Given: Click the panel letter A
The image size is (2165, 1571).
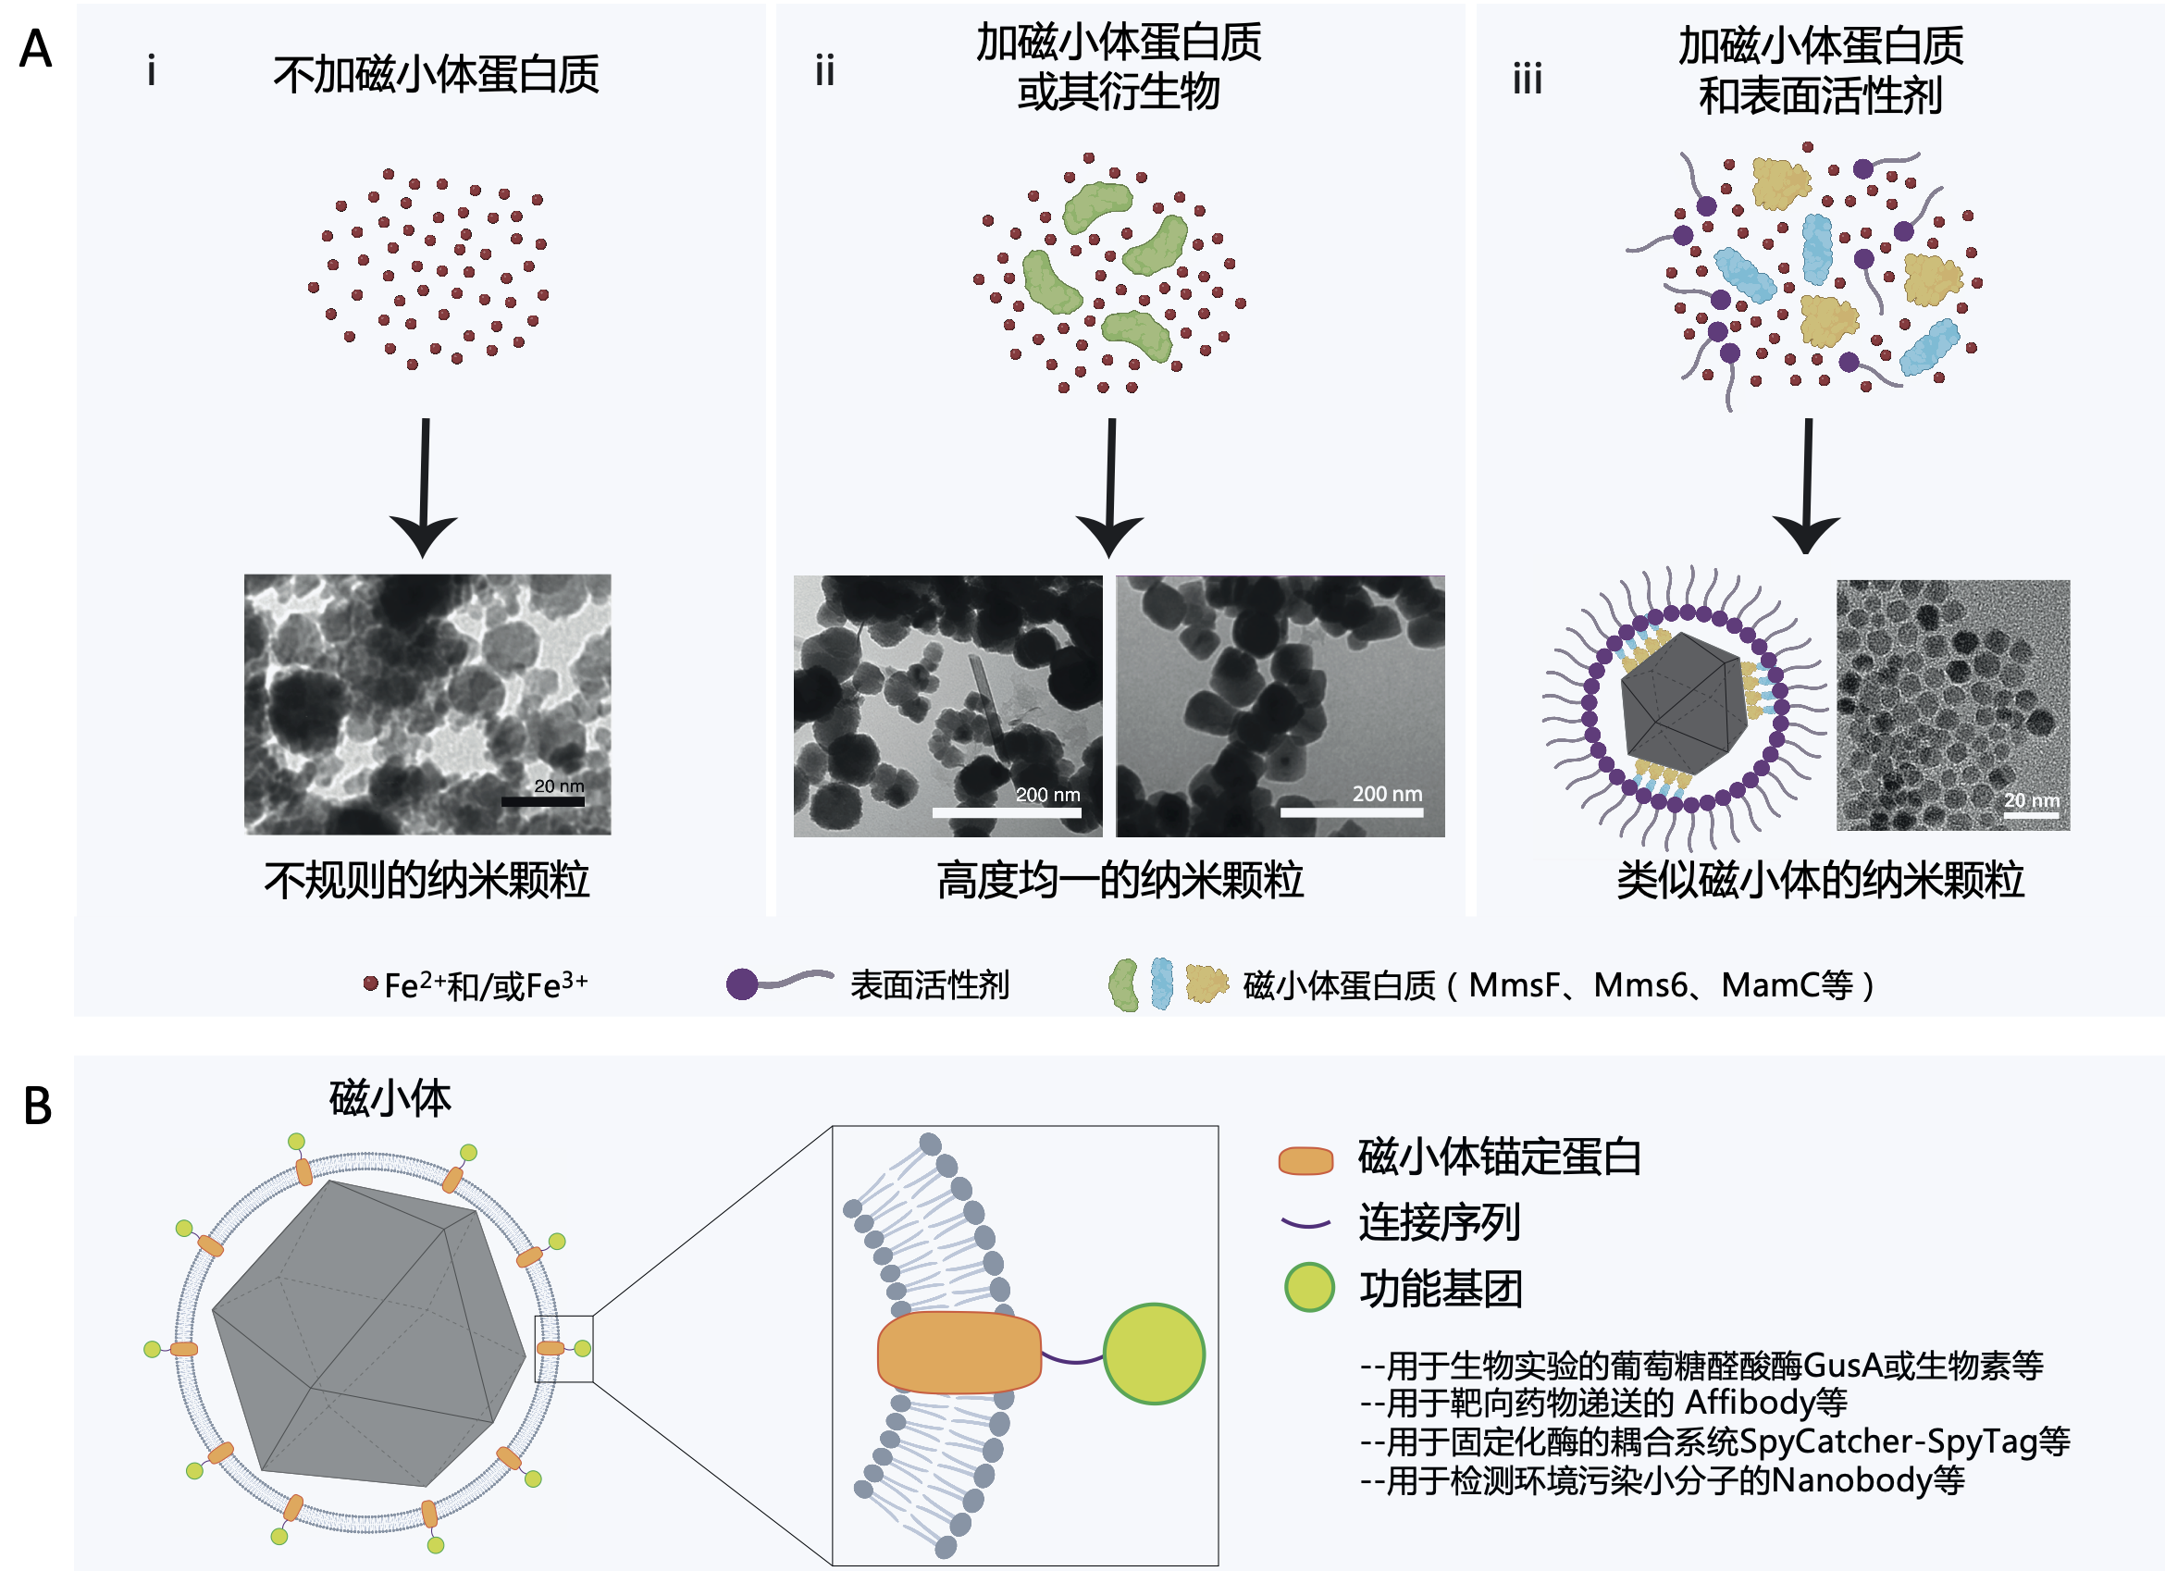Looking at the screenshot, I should (35, 49).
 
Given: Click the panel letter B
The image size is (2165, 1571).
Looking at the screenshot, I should (37, 1107).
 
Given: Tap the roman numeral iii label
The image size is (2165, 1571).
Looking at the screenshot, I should (1528, 79).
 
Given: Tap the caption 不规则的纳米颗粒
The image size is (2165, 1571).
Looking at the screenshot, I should (427, 880).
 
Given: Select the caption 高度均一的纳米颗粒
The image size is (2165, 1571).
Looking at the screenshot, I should (1120, 880).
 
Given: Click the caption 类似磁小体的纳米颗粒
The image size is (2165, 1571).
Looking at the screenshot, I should (1820, 880).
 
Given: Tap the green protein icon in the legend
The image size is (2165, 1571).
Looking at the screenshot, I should (1123, 985).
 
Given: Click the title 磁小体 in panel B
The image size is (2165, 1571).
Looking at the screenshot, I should (390, 1097).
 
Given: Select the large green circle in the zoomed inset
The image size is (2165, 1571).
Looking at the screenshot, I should (1153, 1354).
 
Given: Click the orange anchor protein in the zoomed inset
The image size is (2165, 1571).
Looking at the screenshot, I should (959, 1352).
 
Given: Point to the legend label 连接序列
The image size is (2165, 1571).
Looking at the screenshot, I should (1439, 1222).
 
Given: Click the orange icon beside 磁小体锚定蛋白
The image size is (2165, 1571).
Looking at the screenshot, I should (1305, 1159).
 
